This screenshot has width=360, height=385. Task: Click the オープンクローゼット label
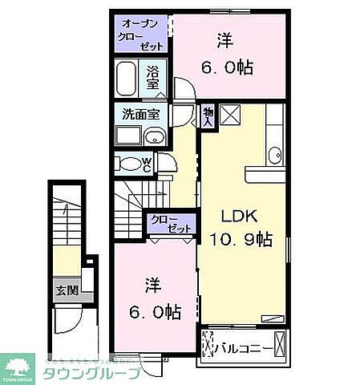tap(141, 34)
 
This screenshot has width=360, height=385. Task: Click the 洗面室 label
tap(140, 114)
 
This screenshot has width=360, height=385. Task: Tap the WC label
tap(147, 164)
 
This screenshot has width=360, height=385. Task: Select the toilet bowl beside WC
tap(129, 164)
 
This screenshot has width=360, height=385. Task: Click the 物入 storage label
tap(207, 117)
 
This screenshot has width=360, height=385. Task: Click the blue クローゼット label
tap(169, 222)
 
